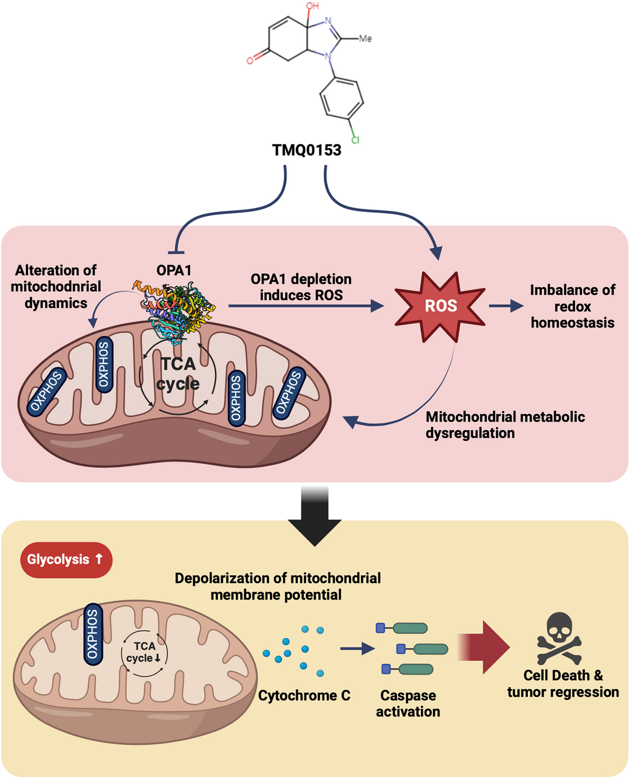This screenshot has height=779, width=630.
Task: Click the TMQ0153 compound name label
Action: point(307,150)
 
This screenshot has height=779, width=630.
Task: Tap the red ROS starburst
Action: point(440,306)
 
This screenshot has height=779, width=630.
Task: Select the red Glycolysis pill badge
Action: point(66,560)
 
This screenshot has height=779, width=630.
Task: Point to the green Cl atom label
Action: point(355,140)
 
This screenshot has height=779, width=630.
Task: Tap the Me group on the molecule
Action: point(365,39)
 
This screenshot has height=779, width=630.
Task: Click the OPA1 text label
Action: point(174,270)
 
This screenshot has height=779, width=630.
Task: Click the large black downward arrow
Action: point(315,515)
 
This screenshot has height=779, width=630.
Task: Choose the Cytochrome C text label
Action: point(304,696)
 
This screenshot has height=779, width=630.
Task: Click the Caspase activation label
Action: point(408,703)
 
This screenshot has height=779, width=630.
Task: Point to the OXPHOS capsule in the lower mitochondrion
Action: point(93,634)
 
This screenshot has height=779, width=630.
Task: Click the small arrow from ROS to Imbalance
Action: point(506,306)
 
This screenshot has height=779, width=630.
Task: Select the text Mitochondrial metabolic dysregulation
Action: point(505,425)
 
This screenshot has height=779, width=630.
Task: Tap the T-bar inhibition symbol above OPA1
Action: point(176,252)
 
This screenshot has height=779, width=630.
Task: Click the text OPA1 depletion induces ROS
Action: point(301,287)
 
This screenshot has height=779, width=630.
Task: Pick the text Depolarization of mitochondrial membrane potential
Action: point(277,586)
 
